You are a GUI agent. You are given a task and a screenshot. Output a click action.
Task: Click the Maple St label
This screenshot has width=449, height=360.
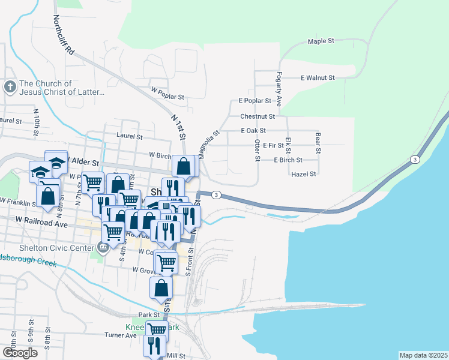coord(321,41)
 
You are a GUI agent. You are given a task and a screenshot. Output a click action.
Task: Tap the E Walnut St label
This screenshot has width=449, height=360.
coord(318,78)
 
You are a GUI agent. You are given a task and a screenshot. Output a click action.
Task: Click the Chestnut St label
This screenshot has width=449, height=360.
coord(258,116)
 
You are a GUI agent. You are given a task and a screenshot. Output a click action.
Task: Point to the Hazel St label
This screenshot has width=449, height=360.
coord(303,174)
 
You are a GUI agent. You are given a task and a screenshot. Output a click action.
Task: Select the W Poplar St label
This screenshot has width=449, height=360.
coord(167,94)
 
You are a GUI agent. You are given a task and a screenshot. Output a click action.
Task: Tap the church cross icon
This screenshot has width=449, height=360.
coord(10,88)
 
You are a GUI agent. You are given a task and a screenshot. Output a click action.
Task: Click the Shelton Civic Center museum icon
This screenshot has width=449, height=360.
coord(103,247)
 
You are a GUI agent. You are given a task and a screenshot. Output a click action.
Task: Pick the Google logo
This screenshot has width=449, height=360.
coord(19,353)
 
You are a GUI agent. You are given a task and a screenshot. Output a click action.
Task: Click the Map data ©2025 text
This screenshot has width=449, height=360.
coord(423,355)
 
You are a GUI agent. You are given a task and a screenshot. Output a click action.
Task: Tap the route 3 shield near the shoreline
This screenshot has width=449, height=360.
coord(415,159)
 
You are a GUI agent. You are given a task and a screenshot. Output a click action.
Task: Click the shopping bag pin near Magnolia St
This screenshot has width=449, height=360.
coord(184,166)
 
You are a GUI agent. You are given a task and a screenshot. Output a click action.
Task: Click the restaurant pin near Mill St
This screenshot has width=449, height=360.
coord(154,345)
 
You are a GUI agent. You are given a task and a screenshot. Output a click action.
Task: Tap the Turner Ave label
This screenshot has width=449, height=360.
coord(121,335)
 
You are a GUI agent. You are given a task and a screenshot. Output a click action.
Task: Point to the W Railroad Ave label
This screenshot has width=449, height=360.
coord(42,223)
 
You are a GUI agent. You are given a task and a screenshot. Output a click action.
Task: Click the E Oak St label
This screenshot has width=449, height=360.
coord(253,130)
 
